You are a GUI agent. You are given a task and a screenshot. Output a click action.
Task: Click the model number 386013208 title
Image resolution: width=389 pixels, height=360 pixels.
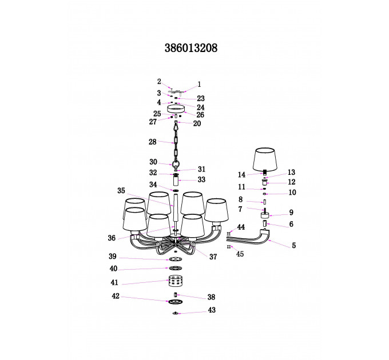tap(190, 48)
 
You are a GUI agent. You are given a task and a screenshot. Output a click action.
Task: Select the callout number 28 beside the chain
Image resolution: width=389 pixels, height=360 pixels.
tap(153, 142)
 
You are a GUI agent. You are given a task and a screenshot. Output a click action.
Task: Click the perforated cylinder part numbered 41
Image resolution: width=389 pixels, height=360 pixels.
tap(176, 281)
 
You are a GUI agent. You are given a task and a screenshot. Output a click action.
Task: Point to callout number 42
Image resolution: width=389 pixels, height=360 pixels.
tap(116, 296)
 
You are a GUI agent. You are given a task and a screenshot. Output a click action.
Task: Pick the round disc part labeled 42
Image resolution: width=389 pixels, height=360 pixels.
tap(176, 302)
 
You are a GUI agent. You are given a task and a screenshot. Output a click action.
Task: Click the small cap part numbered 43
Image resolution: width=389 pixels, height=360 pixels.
tap(176, 313)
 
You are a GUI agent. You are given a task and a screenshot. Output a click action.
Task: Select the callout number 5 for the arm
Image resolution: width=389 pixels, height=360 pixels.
tap(293, 245)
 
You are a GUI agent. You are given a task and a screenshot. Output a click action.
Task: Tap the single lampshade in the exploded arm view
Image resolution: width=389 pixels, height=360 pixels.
tap(265, 159)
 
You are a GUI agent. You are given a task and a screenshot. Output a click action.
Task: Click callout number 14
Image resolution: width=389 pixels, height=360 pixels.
tap(241, 175)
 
